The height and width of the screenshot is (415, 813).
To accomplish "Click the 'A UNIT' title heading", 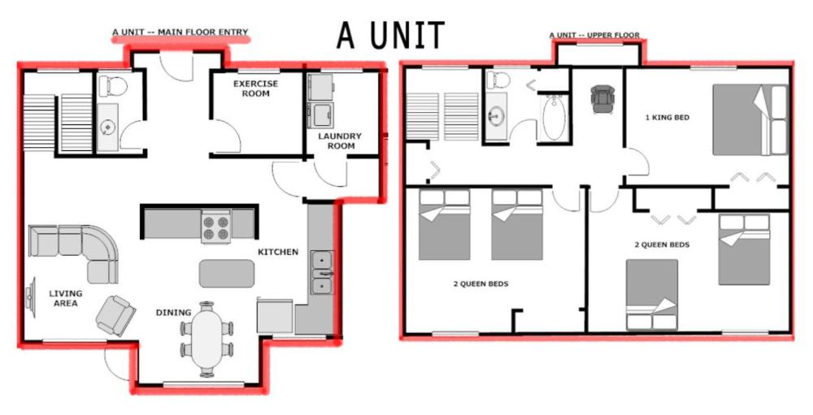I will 390,35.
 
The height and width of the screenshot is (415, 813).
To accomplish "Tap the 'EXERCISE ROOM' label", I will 255,89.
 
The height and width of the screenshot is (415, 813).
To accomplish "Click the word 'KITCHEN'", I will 278,253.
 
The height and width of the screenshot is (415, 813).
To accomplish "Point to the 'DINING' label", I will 173,313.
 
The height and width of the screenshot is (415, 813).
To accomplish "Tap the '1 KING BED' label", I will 667,118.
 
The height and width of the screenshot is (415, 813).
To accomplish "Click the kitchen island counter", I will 227,273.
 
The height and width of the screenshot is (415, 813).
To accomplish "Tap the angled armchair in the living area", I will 115,314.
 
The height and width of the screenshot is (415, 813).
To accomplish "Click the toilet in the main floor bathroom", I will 109,84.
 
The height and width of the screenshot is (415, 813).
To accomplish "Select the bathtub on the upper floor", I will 554,119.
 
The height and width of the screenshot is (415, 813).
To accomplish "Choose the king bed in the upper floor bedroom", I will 750,119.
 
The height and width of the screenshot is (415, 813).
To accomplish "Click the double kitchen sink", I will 323,272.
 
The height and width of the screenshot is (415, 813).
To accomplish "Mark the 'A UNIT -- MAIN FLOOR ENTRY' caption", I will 180,33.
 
